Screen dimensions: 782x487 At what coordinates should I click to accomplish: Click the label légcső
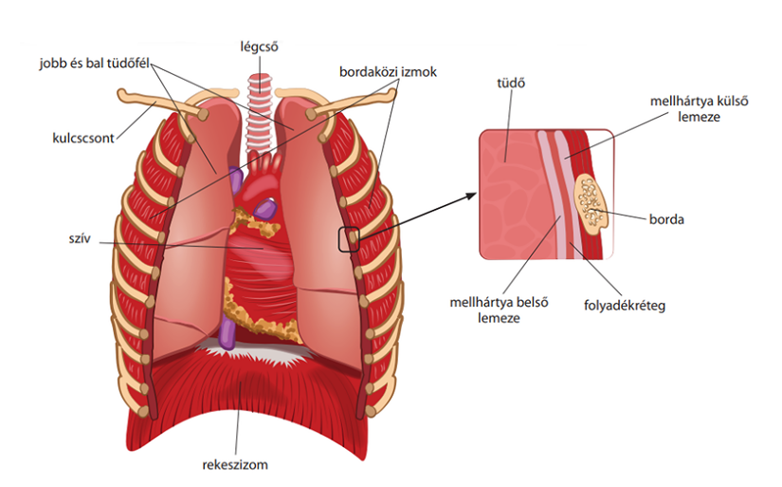[x=259, y=47]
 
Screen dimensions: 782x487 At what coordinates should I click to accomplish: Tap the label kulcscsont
[x=83, y=138]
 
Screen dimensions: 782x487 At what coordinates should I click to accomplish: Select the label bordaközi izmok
[x=388, y=72]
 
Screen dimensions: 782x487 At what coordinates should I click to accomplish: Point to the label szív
[x=80, y=238]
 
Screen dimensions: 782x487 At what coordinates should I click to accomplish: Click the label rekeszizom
[x=235, y=465]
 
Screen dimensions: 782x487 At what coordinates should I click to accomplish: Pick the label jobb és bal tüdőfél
[x=94, y=64]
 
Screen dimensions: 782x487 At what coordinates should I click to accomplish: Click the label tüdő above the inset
[x=511, y=83]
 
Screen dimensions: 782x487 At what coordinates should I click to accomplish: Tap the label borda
[x=666, y=219]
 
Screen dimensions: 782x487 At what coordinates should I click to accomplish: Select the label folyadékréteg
[x=625, y=305]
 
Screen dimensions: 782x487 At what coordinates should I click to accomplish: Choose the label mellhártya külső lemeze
[x=700, y=109]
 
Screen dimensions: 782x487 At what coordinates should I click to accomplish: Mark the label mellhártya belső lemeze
[x=499, y=309]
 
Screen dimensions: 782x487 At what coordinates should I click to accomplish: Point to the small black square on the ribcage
[x=349, y=239]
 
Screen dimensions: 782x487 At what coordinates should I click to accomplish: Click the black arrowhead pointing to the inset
[x=470, y=196]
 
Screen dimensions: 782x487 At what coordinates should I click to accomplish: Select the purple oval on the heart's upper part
[x=264, y=208]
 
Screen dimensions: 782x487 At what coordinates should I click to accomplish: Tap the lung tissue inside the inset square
[x=509, y=195]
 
